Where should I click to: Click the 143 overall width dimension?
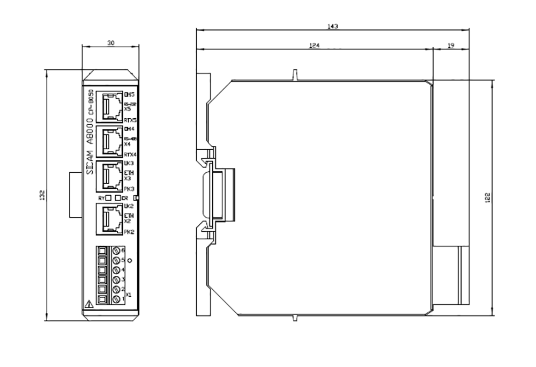point(333,26)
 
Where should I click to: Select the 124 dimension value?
point(314,46)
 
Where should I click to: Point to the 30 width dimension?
point(110,43)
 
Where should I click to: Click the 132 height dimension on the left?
point(42,196)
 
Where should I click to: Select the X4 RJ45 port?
point(110,142)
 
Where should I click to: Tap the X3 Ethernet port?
point(110,175)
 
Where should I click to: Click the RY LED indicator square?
point(109,197)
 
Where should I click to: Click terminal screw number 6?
point(115,251)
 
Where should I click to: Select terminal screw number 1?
point(115,298)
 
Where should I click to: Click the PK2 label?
point(129,232)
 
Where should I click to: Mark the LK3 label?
point(129,163)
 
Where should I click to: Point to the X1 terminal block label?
point(129,295)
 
